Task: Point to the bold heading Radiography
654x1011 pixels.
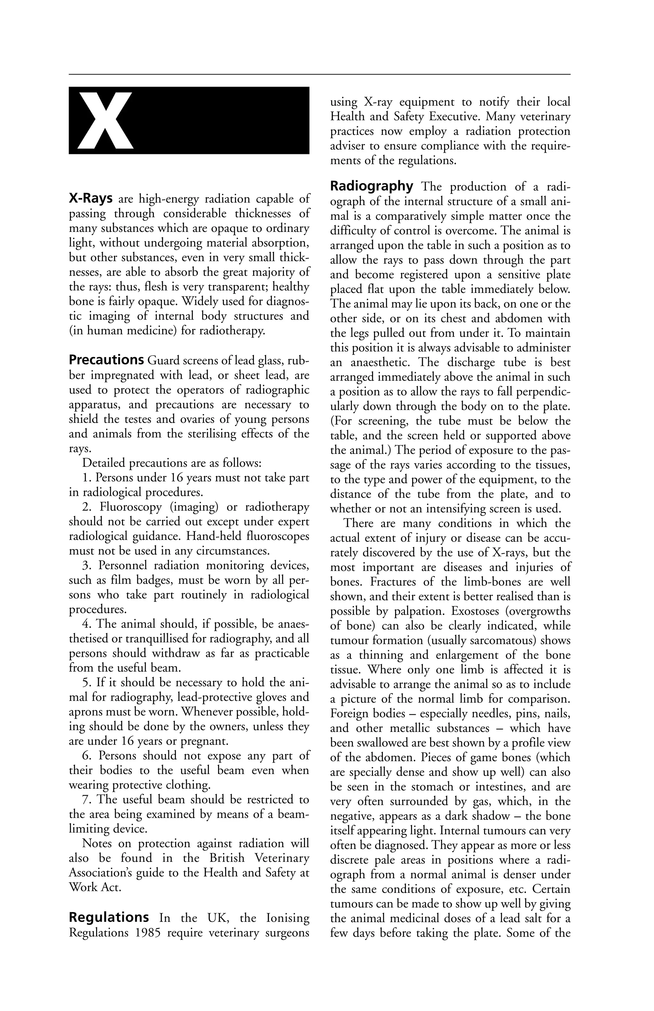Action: [x=372, y=187]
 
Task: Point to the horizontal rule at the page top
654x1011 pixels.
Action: [x=319, y=74]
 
